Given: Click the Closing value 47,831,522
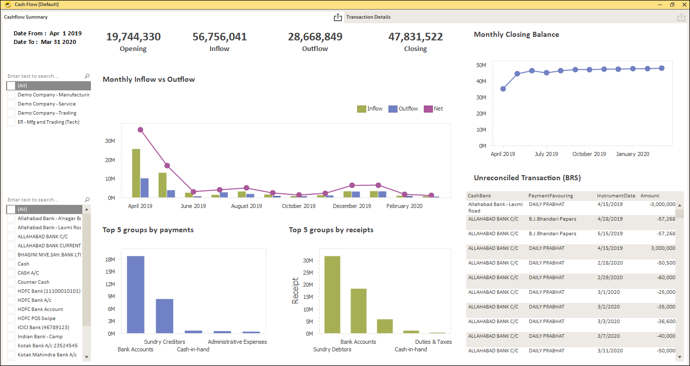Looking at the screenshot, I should point(415,37).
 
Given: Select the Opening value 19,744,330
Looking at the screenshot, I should point(133,37).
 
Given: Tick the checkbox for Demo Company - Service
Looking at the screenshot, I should point(11,104).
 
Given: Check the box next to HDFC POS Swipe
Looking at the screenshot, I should point(11,319).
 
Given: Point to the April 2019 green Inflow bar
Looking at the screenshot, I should point(136,173).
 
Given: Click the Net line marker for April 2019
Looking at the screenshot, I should point(140,130).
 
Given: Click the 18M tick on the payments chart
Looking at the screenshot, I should point(110,259).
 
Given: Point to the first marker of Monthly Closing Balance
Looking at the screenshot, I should point(503,89).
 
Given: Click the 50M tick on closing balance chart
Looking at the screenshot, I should point(481,65).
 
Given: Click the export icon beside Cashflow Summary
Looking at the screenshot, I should point(338,18).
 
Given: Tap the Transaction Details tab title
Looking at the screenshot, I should point(368,17).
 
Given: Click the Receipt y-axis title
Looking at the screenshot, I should point(295,290).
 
